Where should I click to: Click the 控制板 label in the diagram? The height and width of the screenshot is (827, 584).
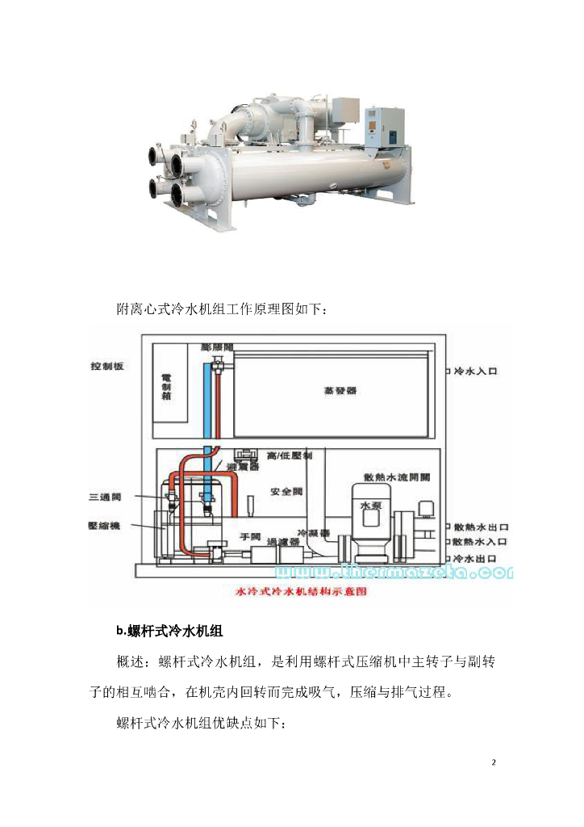click(x=106, y=366)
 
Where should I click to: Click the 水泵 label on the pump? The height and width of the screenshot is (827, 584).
click(x=369, y=505)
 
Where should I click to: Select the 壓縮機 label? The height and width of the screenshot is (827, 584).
click(x=104, y=526)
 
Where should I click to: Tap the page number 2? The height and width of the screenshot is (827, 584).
click(x=494, y=762)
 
